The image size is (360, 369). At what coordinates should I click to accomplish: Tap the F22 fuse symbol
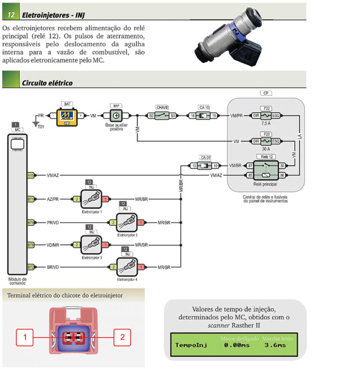(266, 115)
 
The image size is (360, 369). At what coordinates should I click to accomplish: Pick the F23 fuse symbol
(266, 141)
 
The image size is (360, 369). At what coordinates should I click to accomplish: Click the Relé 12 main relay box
(266, 170)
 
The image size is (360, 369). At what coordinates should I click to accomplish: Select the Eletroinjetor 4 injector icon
(127, 266)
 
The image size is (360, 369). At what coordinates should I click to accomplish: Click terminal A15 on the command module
(31, 175)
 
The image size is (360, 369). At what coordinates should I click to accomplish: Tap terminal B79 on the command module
(31, 222)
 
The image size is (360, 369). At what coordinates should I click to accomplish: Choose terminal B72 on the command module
(31, 267)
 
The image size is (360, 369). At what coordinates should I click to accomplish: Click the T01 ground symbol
(36, 123)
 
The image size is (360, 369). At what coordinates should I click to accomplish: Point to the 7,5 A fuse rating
(265, 123)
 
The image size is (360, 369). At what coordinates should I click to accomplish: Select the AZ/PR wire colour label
(53, 199)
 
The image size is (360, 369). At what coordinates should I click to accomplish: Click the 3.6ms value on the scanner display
(275, 345)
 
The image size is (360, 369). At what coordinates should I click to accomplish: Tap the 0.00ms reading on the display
(237, 345)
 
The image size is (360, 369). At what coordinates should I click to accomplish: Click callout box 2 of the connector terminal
(122, 337)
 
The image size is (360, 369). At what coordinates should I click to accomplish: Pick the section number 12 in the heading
(11, 15)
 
